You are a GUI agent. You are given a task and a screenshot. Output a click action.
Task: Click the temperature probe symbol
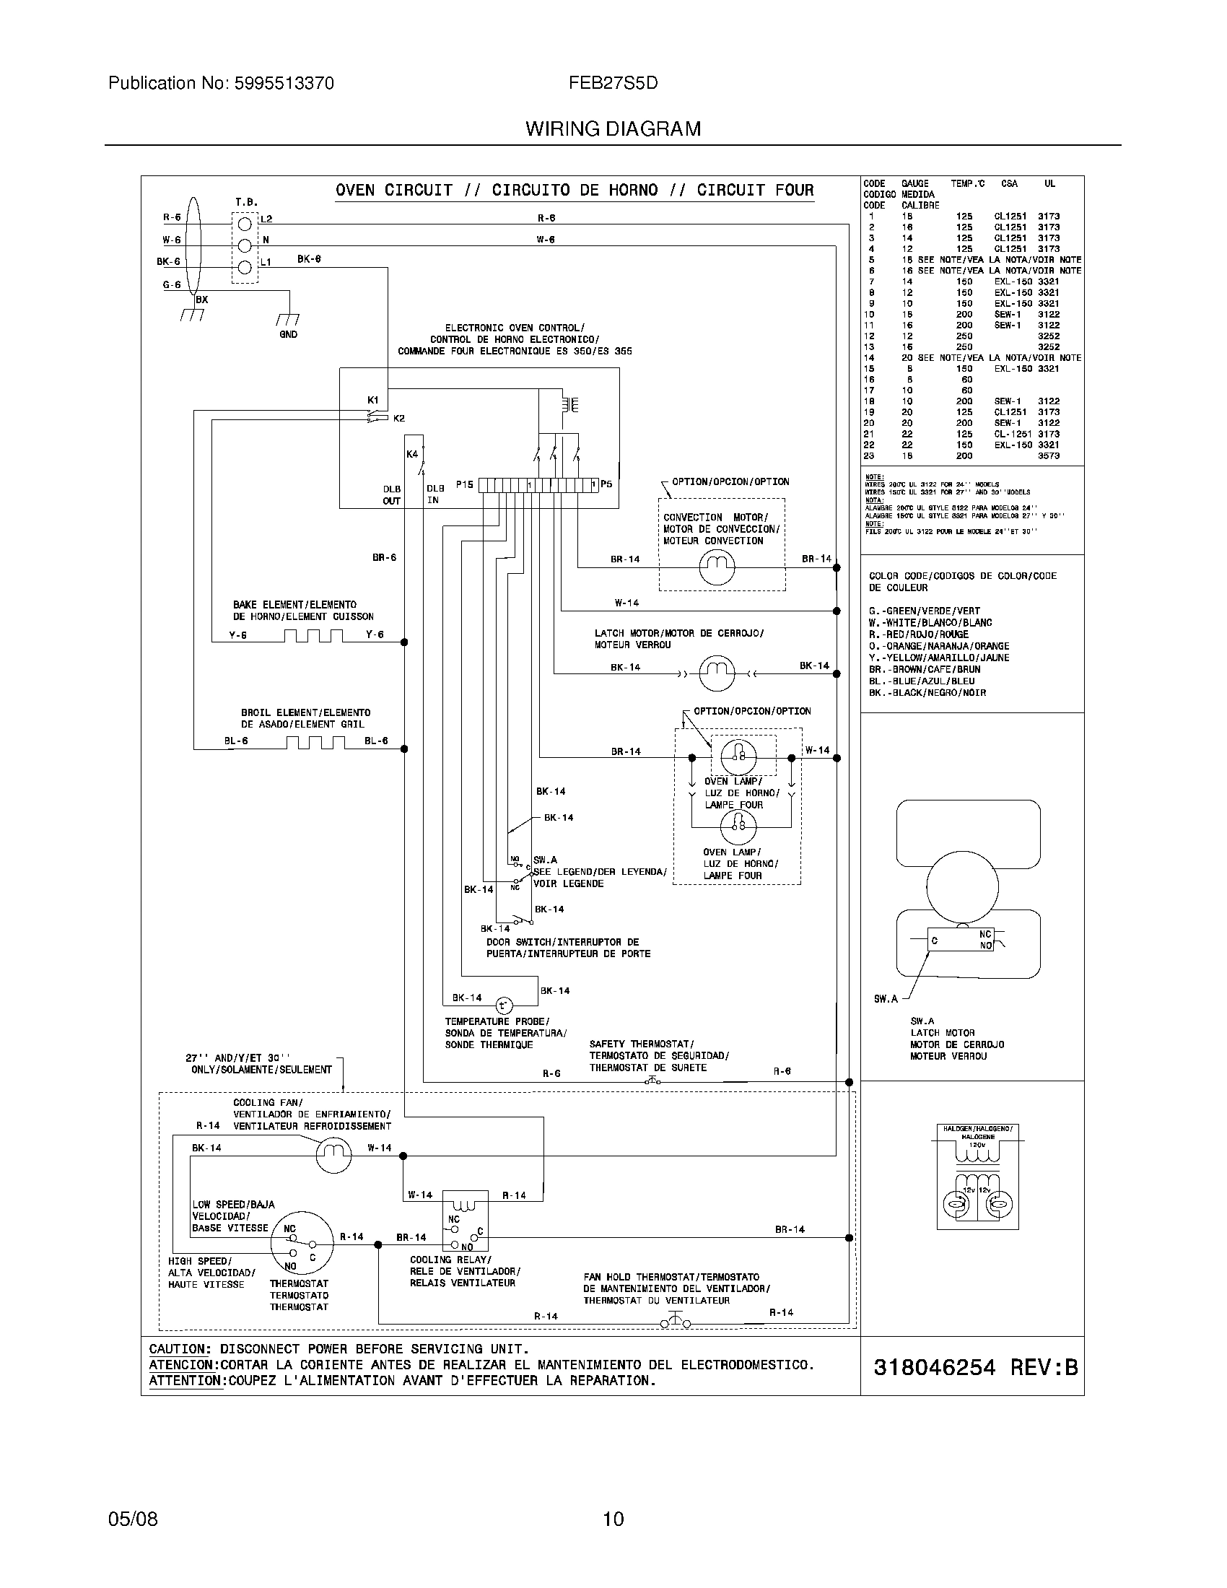click(x=504, y=1005)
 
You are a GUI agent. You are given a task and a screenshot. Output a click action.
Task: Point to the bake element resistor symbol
click(x=313, y=636)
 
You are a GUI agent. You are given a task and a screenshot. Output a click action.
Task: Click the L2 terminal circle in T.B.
click(x=245, y=223)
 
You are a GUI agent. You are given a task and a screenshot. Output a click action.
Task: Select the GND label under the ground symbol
click(x=288, y=334)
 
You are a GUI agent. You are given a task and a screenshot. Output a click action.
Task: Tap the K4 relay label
click(x=412, y=454)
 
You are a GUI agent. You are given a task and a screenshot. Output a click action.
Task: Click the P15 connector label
click(x=465, y=484)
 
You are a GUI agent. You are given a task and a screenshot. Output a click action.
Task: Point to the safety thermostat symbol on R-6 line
click(x=652, y=1081)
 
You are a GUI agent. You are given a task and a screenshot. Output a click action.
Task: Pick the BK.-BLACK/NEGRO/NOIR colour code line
click(x=927, y=693)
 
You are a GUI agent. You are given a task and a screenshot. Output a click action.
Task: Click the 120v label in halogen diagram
click(x=977, y=1145)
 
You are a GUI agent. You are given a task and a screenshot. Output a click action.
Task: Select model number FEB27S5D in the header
click(x=613, y=83)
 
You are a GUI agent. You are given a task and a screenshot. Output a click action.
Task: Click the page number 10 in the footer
click(x=613, y=1519)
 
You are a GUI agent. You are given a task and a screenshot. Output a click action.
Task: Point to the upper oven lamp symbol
click(x=738, y=757)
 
